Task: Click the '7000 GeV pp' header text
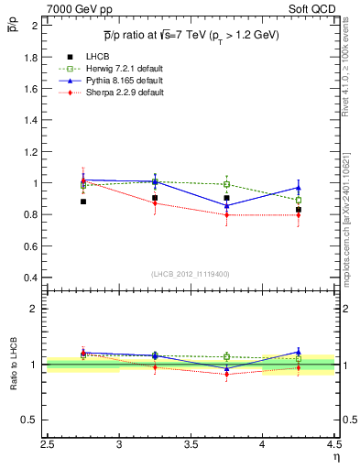(x=75, y=10)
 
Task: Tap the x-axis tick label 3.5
(x=191, y=446)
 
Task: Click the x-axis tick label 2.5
(x=48, y=446)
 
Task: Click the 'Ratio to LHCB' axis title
(x=12, y=364)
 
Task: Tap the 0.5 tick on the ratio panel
(x=32, y=420)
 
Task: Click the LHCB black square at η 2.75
(x=83, y=202)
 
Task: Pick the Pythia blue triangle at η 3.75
(x=226, y=206)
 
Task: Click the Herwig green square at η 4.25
(x=299, y=200)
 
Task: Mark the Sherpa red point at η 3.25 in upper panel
(x=155, y=203)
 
